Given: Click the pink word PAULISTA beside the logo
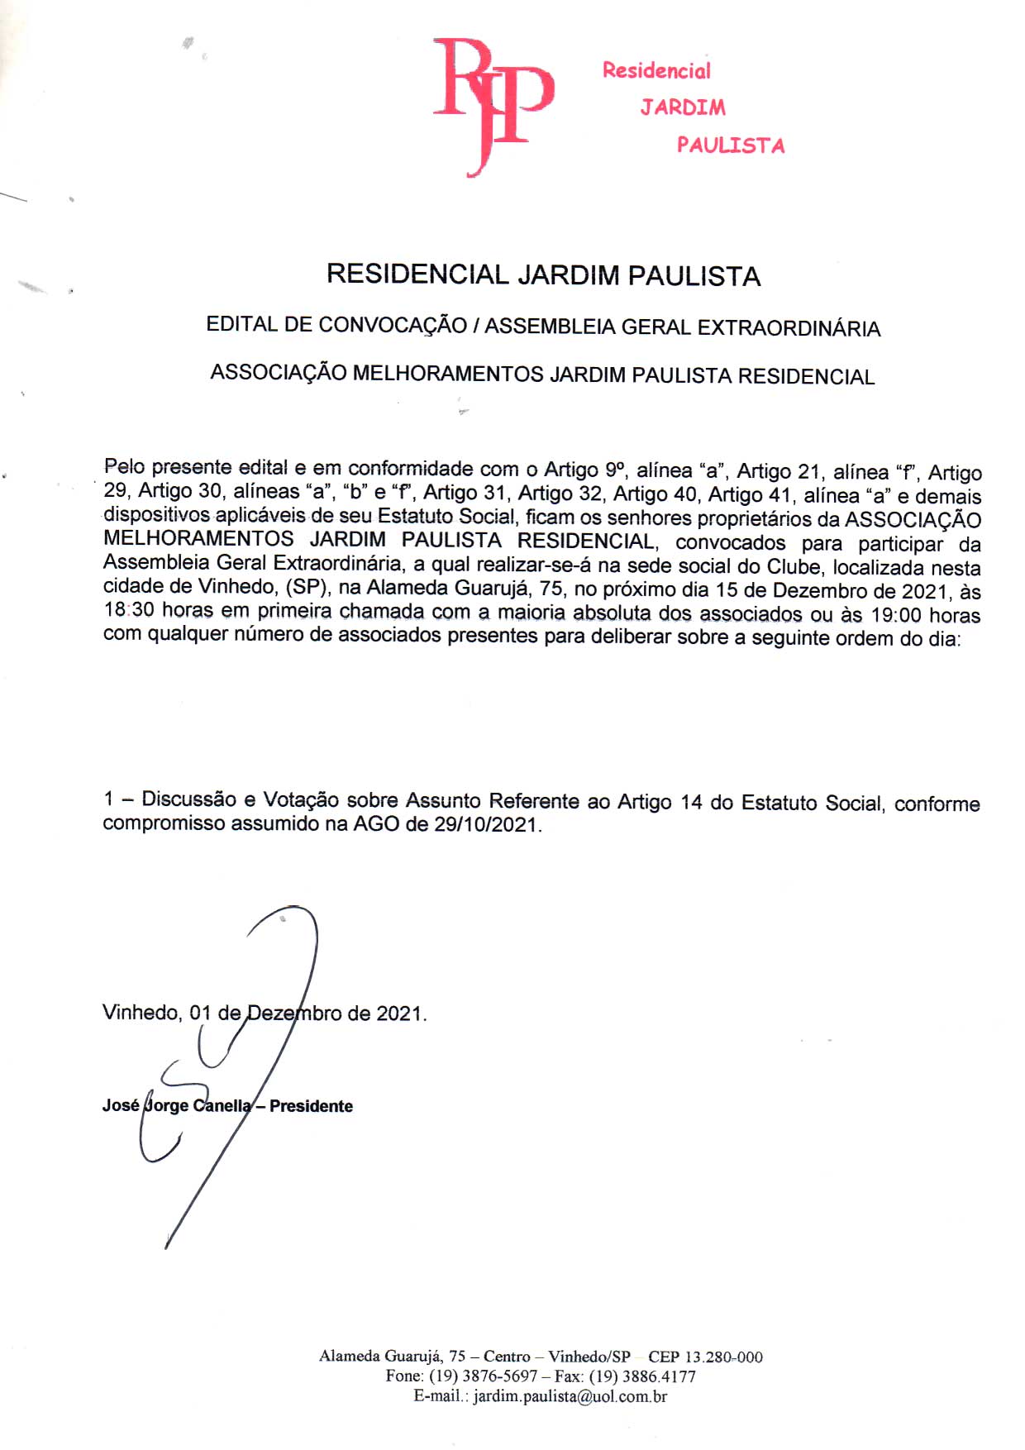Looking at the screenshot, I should click(x=731, y=145).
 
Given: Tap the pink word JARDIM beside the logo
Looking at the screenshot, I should click(x=683, y=107).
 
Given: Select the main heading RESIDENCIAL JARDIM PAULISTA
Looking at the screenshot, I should click(x=543, y=275).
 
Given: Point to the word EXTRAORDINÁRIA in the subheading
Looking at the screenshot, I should click(x=789, y=328).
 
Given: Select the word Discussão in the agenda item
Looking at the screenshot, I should click(x=189, y=799).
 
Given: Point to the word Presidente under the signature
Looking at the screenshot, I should click(x=311, y=1106).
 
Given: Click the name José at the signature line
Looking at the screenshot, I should click(x=121, y=1105).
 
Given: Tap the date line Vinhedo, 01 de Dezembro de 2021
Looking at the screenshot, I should click(x=265, y=1014).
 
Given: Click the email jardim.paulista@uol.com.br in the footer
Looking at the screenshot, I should click(x=570, y=1396).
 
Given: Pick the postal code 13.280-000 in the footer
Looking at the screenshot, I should click(x=723, y=1357).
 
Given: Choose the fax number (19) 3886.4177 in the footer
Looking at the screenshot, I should click(x=642, y=1376).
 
